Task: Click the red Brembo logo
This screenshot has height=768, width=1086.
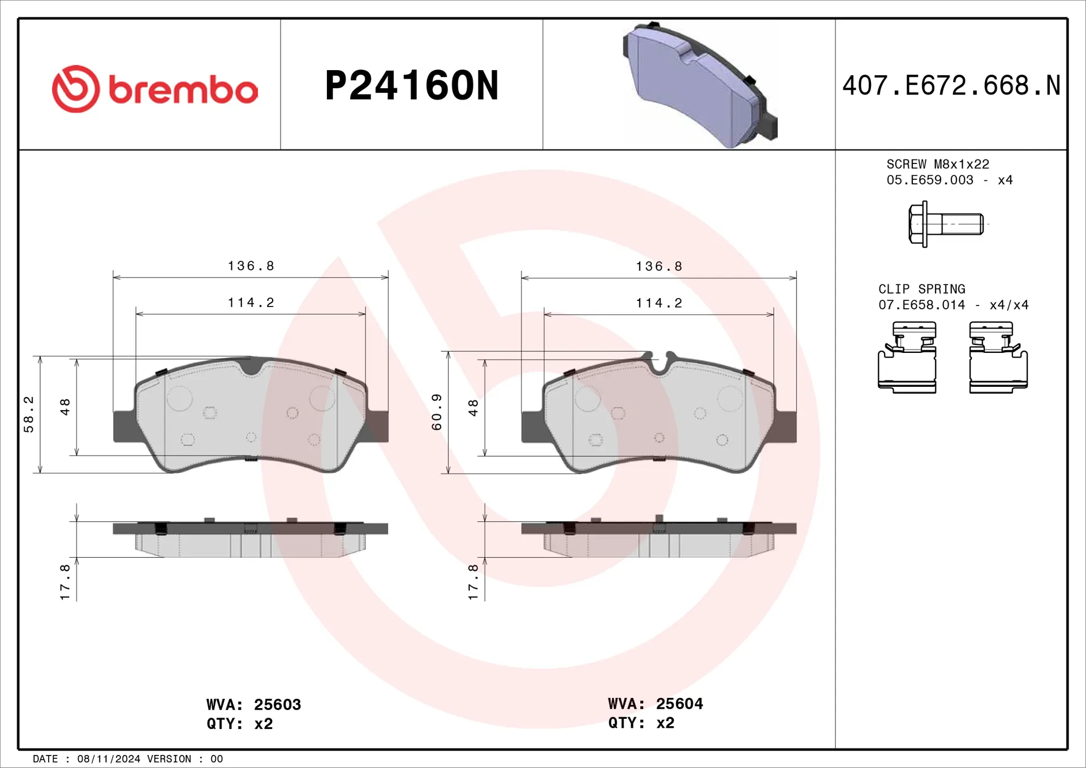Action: (154, 89)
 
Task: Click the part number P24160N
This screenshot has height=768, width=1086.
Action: (412, 86)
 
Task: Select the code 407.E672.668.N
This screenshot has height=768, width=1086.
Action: (951, 86)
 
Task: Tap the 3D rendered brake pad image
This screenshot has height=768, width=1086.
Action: (700, 85)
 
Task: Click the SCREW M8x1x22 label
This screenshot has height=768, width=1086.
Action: (937, 164)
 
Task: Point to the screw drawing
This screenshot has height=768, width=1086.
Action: (946, 224)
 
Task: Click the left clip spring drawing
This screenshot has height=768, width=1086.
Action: (907, 357)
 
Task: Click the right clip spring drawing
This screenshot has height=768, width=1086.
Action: (998, 357)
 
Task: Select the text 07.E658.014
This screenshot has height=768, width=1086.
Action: (921, 305)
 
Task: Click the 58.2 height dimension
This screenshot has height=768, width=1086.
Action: (29, 414)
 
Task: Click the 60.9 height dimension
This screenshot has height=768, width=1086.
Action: (437, 412)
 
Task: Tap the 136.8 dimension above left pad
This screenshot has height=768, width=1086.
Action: (251, 266)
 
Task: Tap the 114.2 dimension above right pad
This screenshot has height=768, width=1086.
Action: (659, 303)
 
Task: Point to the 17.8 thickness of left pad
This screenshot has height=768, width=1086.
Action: (65, 581)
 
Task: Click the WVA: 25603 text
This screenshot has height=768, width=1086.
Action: (253, 705)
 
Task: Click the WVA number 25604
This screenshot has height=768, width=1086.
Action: (679, 704)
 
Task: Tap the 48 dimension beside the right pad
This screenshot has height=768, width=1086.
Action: (473, 407)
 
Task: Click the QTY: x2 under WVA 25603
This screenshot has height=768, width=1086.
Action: (239, 724)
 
